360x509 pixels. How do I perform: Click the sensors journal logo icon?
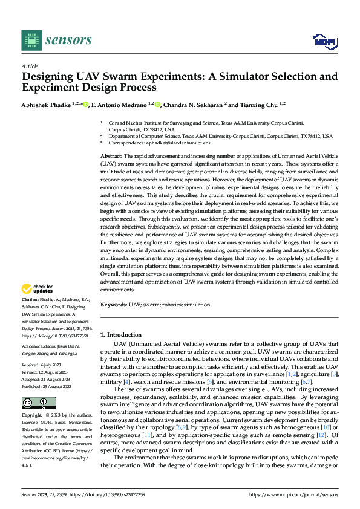click(x=31, y=41)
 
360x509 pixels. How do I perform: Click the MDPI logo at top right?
click(x=324, y=41)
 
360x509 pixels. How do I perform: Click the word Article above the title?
click(x=30, y=66)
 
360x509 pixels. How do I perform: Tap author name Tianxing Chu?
click(x=252, y=104)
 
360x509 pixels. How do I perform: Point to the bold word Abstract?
click(x=111, y=156)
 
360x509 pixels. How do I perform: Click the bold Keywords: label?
click(x=114, y=305)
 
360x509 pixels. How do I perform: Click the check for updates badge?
click(x=38, y=289)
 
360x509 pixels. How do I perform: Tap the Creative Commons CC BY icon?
click(x=38, y=403)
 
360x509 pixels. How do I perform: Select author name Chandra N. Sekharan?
click(x=195, y=104)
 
